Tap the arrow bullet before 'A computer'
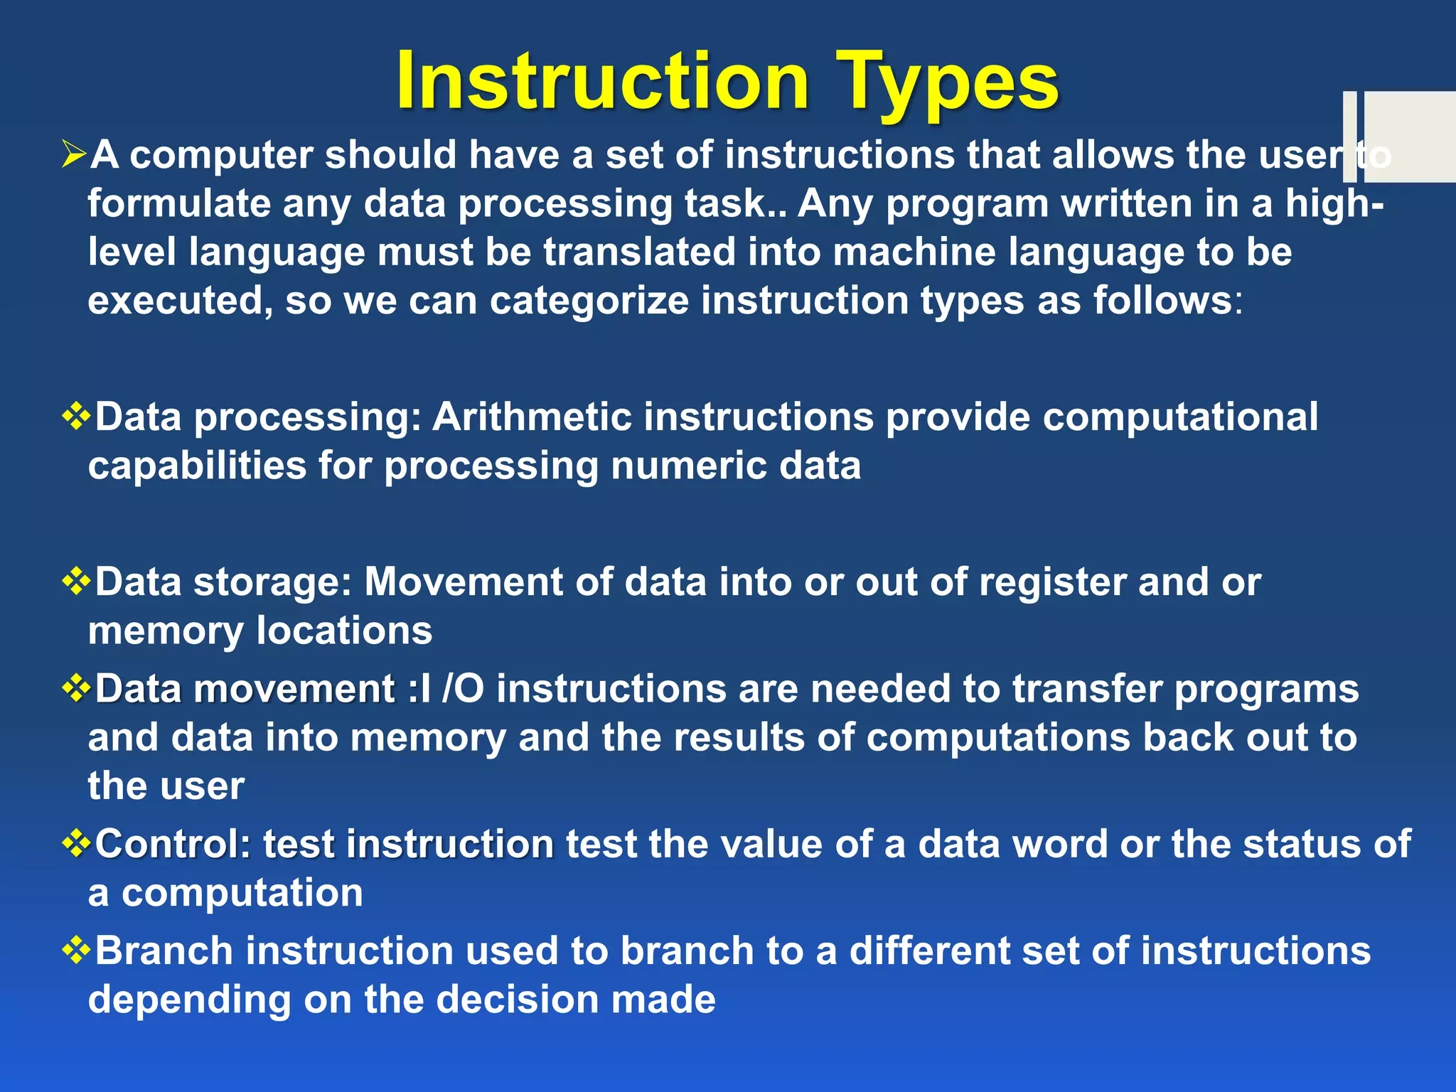click(x=74, y=154)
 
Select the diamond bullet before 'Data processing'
click(x=77, y=417)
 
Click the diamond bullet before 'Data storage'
click(x=77, y=582)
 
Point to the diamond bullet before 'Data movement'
click(x=77, y=689)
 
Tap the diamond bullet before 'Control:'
click(x=77, y=844)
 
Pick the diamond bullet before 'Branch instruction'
click(x=77, y=951)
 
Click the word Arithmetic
click(x=532, y=417)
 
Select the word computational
click(x=1180, y=417)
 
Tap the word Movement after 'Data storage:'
click(x=464, y=582)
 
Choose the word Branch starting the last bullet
click(x=164, y=951)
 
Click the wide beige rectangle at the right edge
click(x=1409, y=136)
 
